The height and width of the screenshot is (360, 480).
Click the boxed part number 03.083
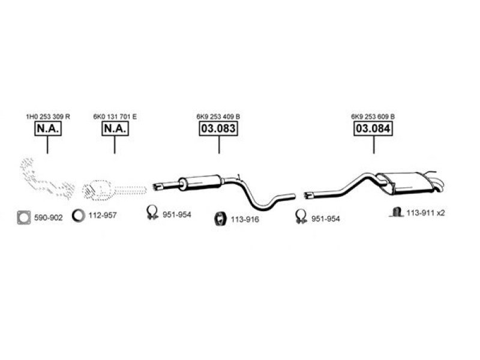pyautogui.click(x=218, y=128)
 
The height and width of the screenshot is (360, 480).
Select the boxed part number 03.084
pyautogui.click(x=373, y=128)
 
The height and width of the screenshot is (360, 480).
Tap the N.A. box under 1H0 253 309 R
pyautogui.click(x=48, y=128)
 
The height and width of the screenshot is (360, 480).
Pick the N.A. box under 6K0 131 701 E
pyautogui.click(x=115, y=128)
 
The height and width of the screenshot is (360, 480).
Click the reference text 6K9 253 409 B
pyautogui.click(x=218, y=116)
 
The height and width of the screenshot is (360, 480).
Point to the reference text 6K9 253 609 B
pyautogui.click(x=373, y=116)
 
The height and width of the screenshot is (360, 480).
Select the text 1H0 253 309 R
pyautogui.click(x=48, y=116)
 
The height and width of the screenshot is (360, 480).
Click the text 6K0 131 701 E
pyautogui.click(x=115, y=116)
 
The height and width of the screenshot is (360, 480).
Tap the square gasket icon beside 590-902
pyautogui.click(x=24, y=218)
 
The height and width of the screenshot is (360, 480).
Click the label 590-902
pyautogui.click(x=49, y=218)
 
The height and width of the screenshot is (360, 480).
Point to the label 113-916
pyautogui.click(x=245, y=220)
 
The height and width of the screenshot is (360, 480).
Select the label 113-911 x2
pyautogui.click(x=425, y=213)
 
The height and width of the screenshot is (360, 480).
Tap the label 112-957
pyautogui.click(x=103, y=215)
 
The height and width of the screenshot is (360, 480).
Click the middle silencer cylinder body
pyautogui.click(x=200, y=182)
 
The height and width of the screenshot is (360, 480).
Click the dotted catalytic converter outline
pyautogui.click(x=97, y=190)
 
